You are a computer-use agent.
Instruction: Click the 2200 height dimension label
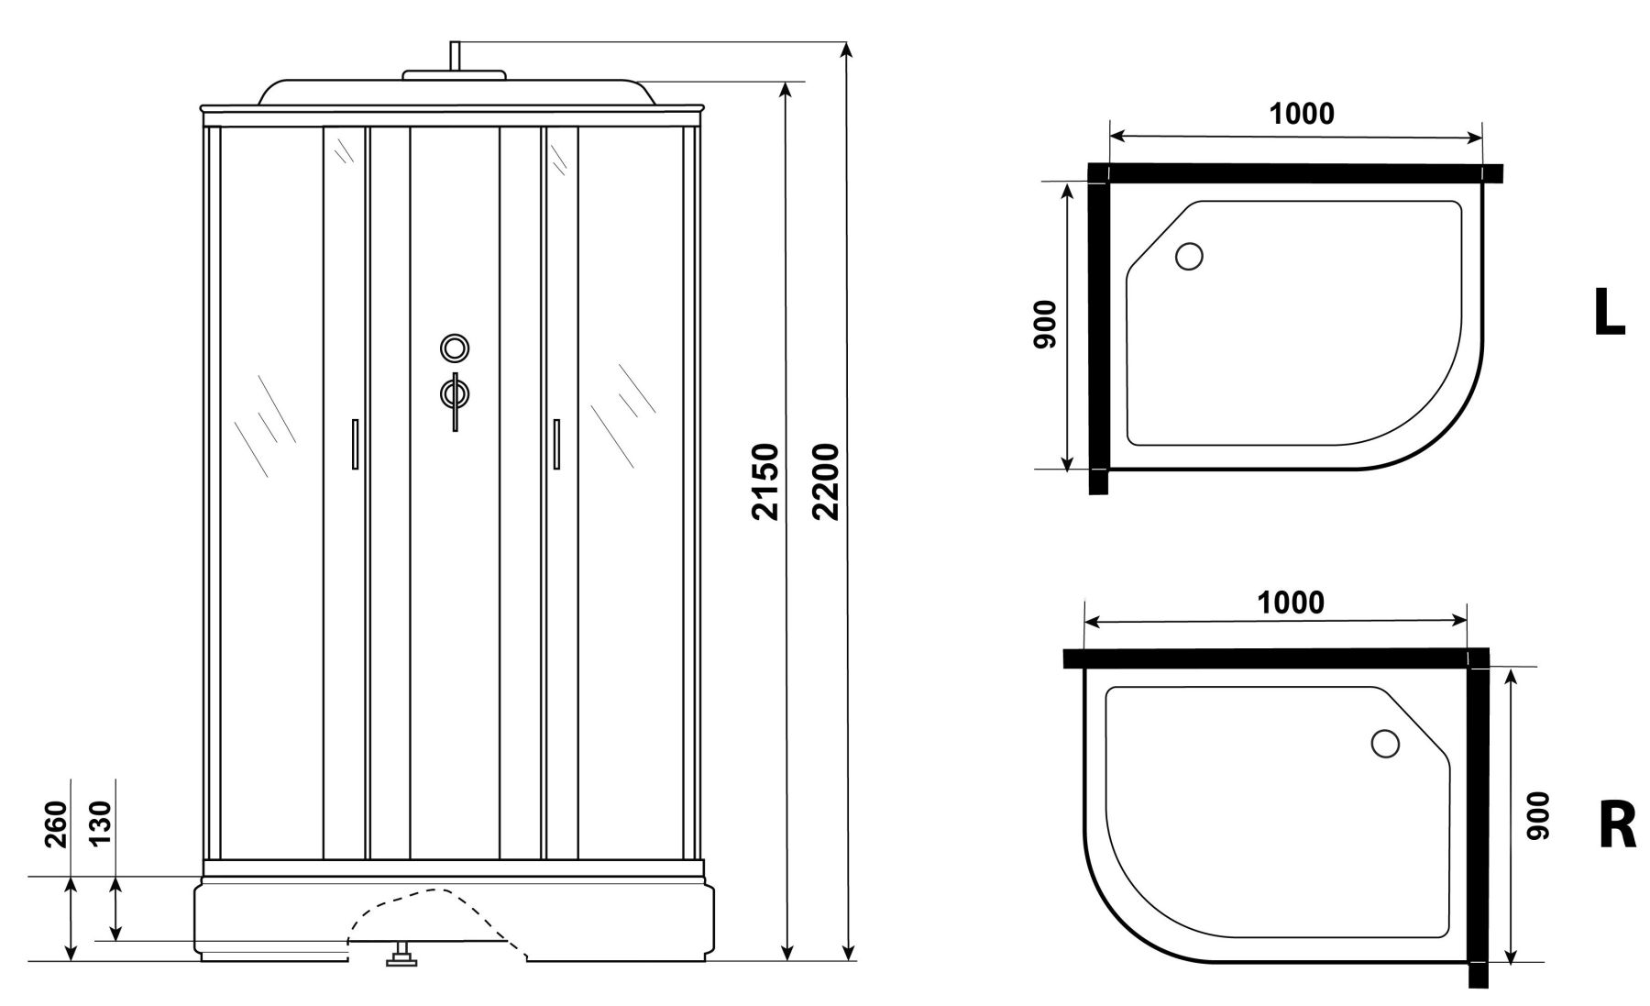click(x=827, y=481)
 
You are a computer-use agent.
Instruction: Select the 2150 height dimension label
click(x=764, y=481)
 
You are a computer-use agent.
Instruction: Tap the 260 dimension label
click(x=57, y=824)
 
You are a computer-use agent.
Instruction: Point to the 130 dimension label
click(x=100, y=824)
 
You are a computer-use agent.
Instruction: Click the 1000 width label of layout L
click(x=1302, y=113)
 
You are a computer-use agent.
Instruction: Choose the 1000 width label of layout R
click(x=1291, y=602)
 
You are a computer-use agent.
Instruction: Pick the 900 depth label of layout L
click(x=1046, y=325)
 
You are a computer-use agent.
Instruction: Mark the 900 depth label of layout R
click(x=1537, y=816)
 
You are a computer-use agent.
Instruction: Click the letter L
click(x=1610, y=313)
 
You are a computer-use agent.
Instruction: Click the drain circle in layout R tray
click(x=1385, y=743)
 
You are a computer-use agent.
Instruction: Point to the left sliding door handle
click(x=355, y=445)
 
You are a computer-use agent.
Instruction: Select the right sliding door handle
click(x=556, y=445)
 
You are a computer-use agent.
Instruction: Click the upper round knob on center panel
click(x=456, y=348)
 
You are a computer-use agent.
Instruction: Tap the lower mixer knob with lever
click(x=456, y=400)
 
